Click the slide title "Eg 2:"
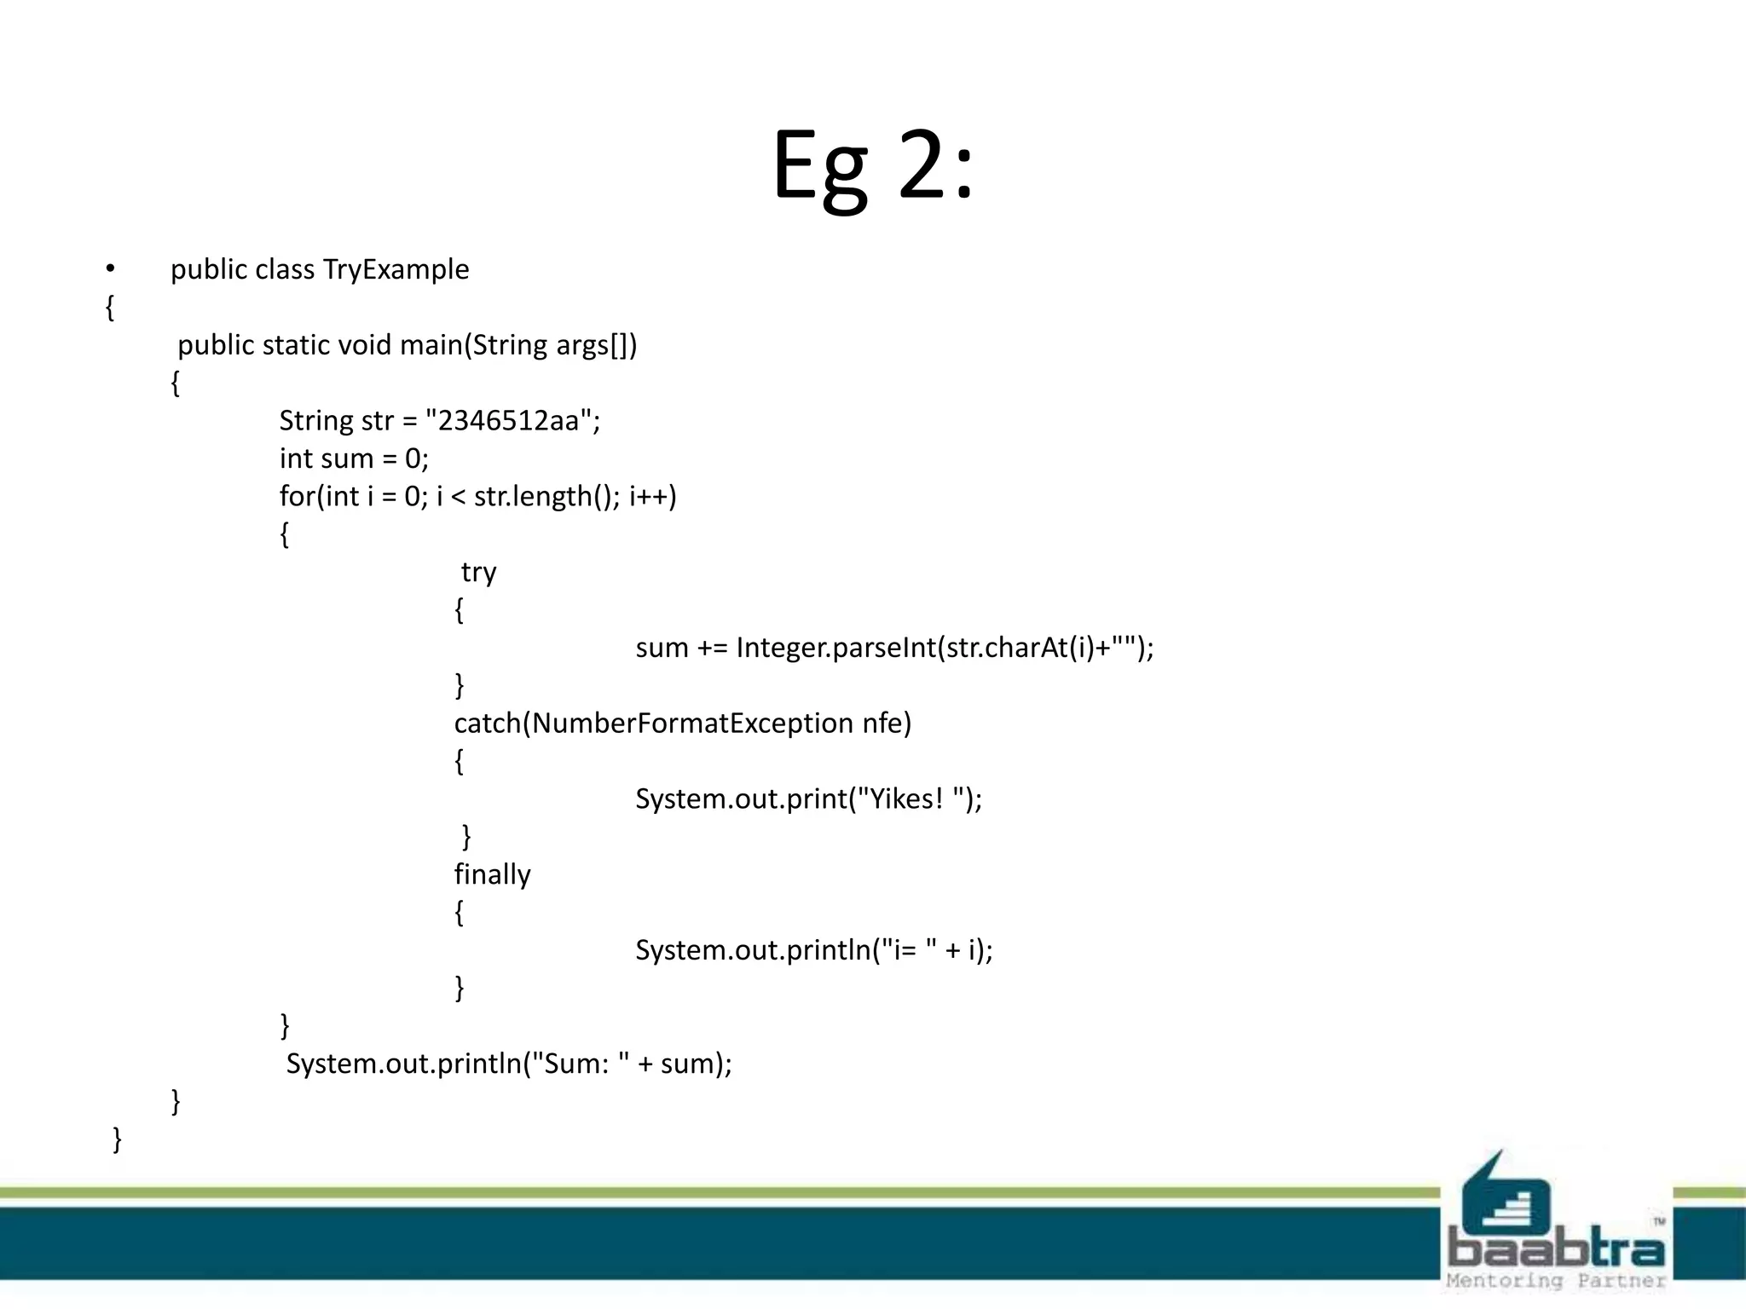point(872,166)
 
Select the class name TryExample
point(396,269)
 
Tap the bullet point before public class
point(110,269)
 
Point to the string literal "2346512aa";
point(512,421)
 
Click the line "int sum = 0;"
point(354,458)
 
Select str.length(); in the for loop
point(547,496)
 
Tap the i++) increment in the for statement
point(653,496)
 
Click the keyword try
point(478,572)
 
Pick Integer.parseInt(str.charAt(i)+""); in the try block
point(945,648)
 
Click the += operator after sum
point(712,648)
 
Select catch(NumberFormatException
point(653,724)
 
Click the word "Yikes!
point(900,799)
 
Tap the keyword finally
point(492,874)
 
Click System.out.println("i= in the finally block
point(776,950)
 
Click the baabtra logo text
point(1556,1248)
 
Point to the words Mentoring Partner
point(1556,1281)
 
